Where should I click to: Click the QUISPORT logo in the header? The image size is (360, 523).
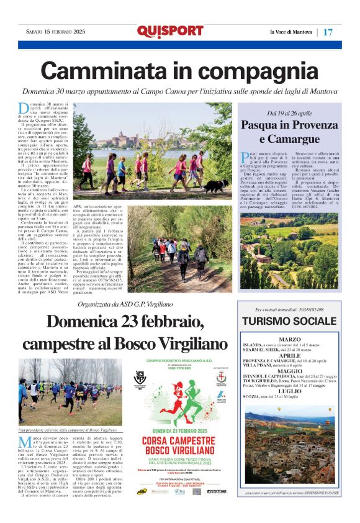[x=169, y=31]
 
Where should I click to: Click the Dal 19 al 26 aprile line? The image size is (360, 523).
[x=289, y=114]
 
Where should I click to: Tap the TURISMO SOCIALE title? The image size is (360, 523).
[x=289, y=321]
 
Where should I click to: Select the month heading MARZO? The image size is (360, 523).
[x=289, y=339]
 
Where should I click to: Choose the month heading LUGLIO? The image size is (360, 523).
[x=289, y=390]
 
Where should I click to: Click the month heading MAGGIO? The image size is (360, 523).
[x=289, y=371]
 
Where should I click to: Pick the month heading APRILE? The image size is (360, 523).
[x=289, y=355]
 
